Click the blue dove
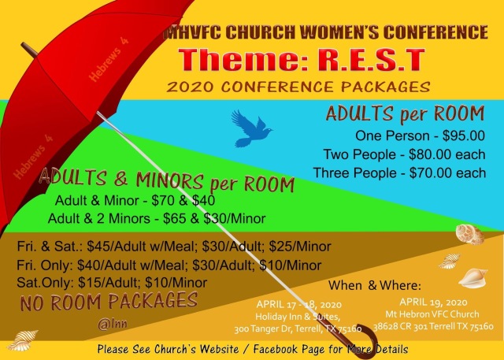[251, 128]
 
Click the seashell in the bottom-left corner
[22, 340]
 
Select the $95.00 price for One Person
[464, 135]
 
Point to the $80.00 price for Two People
[430, 154]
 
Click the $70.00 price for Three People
[431, 173]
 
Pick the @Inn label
[113, 324]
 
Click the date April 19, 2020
[433, 302]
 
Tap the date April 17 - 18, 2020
[299, 304]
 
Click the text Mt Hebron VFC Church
[432, 314]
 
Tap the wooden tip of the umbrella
[30, 50]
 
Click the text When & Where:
[375, 285]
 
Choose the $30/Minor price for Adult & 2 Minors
[235, 218]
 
